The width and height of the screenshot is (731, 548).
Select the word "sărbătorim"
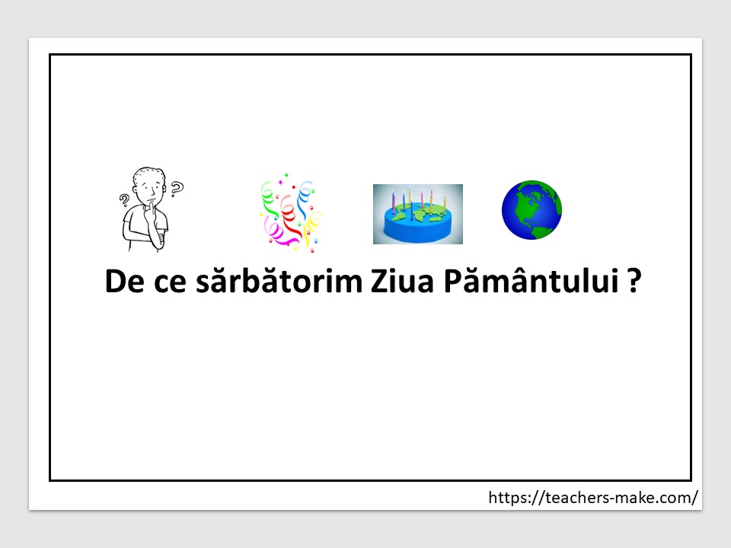click(x=279, y=280)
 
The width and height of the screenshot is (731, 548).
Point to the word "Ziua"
click(x=402, y=281)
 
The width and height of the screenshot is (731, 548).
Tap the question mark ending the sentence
click(x=634, y=281)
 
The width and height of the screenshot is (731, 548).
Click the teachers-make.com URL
click(x=593, y=498)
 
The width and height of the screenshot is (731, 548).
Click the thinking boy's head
click(x=149, y=184)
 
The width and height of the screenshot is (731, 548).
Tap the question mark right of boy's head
click(x=177, y=189)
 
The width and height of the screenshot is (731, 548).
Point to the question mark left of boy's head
click(x=124, y=200)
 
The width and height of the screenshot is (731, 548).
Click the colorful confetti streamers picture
click(x=291, y=213)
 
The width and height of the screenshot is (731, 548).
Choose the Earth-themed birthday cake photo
click(x=418, y=214)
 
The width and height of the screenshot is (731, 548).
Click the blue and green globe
click(x=531, y=210)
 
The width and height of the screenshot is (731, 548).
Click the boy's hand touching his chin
click(x=150, y=213)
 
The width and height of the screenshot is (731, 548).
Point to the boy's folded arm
click(x=147, y=234)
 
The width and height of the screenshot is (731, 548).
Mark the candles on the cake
click(x=418, y=201)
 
